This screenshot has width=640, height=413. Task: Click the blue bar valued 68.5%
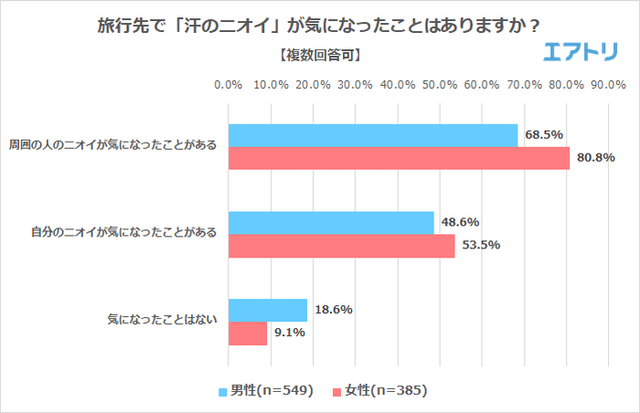372,135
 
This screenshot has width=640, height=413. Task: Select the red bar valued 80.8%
399,158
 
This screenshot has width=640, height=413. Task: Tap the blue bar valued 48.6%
331,223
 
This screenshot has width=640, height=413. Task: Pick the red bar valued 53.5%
341,246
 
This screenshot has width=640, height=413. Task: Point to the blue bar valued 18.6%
267,311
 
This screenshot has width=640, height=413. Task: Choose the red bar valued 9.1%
247,334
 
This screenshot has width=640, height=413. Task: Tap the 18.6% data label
333,310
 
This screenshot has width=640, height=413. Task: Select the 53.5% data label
481,246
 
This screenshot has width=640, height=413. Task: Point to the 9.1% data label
289,334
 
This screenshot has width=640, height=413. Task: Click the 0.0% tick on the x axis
228,85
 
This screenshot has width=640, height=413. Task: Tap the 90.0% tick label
608,85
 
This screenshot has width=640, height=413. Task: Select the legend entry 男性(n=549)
266,390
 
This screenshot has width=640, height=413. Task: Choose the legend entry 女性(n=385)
379,390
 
